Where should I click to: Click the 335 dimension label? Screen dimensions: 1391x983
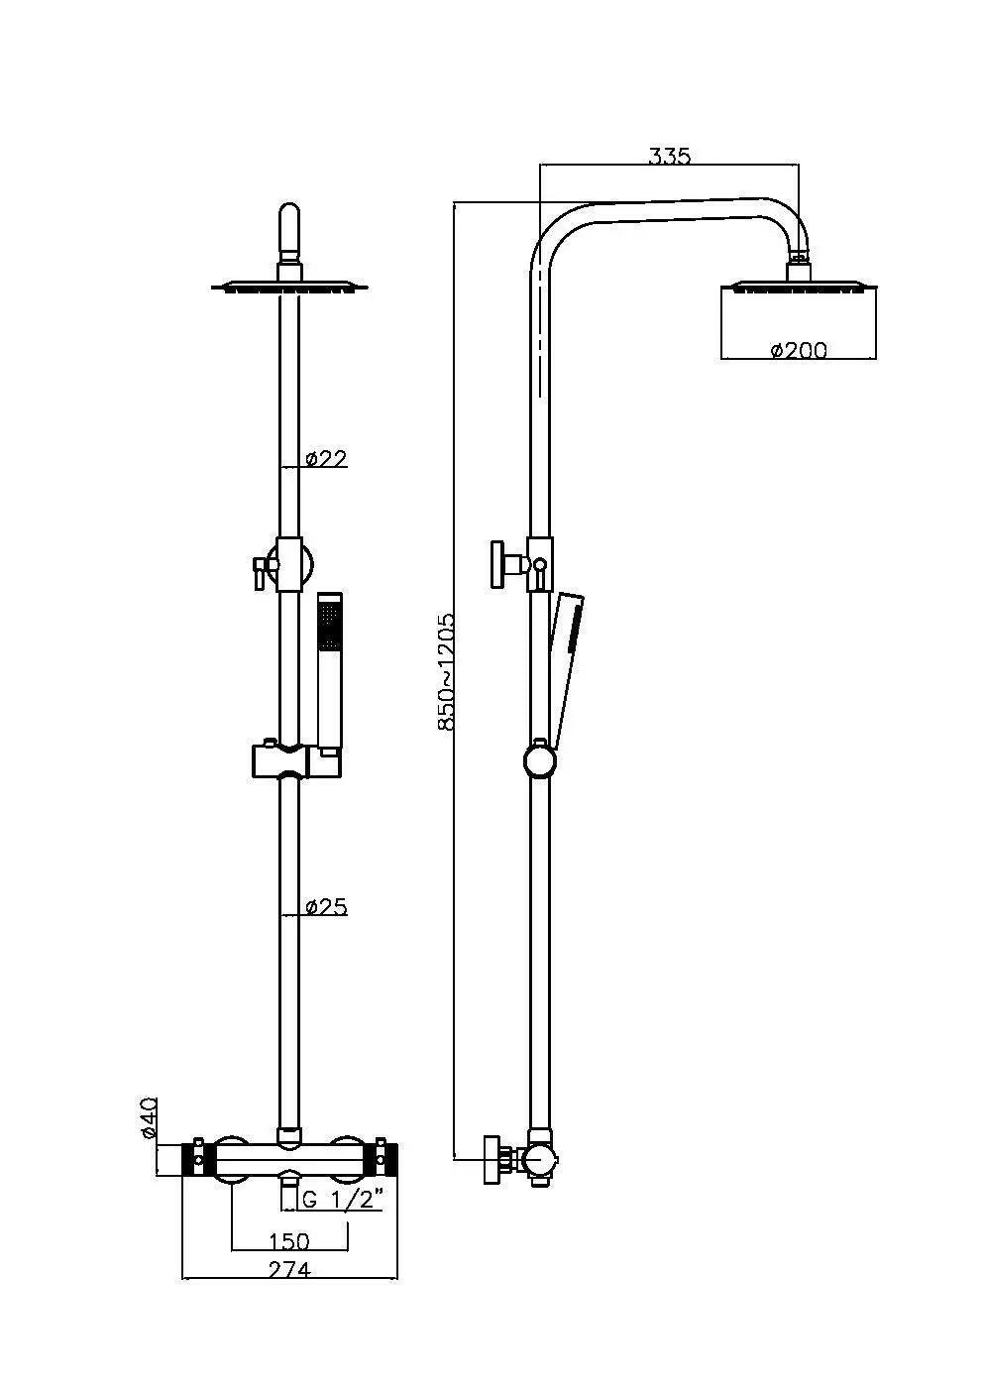pyautogui.click(x=669, y=156)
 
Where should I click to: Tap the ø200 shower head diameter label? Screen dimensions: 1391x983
pyautogui.click(x=798, y=349)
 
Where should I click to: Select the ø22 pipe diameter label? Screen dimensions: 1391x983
pyautogui.click(x=326, y=458)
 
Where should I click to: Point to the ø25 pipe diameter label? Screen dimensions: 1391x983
pyautogui.click(x=326, y=906)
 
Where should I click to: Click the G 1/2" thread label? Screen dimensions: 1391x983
pyautogui.click(x=342, y=1200)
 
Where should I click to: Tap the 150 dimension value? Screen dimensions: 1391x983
pyautogui.click(x=289, y=1241)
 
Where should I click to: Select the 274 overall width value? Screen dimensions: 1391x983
pyautogui.click(x=289, y=1269)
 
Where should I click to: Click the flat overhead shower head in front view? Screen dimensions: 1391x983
pyautogui.click(x=288, y=288)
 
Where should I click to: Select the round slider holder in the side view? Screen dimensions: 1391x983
pyautogui.click(x=540, y=761)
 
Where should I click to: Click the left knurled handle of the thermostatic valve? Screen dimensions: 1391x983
pyautogui.click(x=192, y=1157)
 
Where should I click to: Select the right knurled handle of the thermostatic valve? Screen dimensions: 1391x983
pyautogui.click(x=386, y=1157)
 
